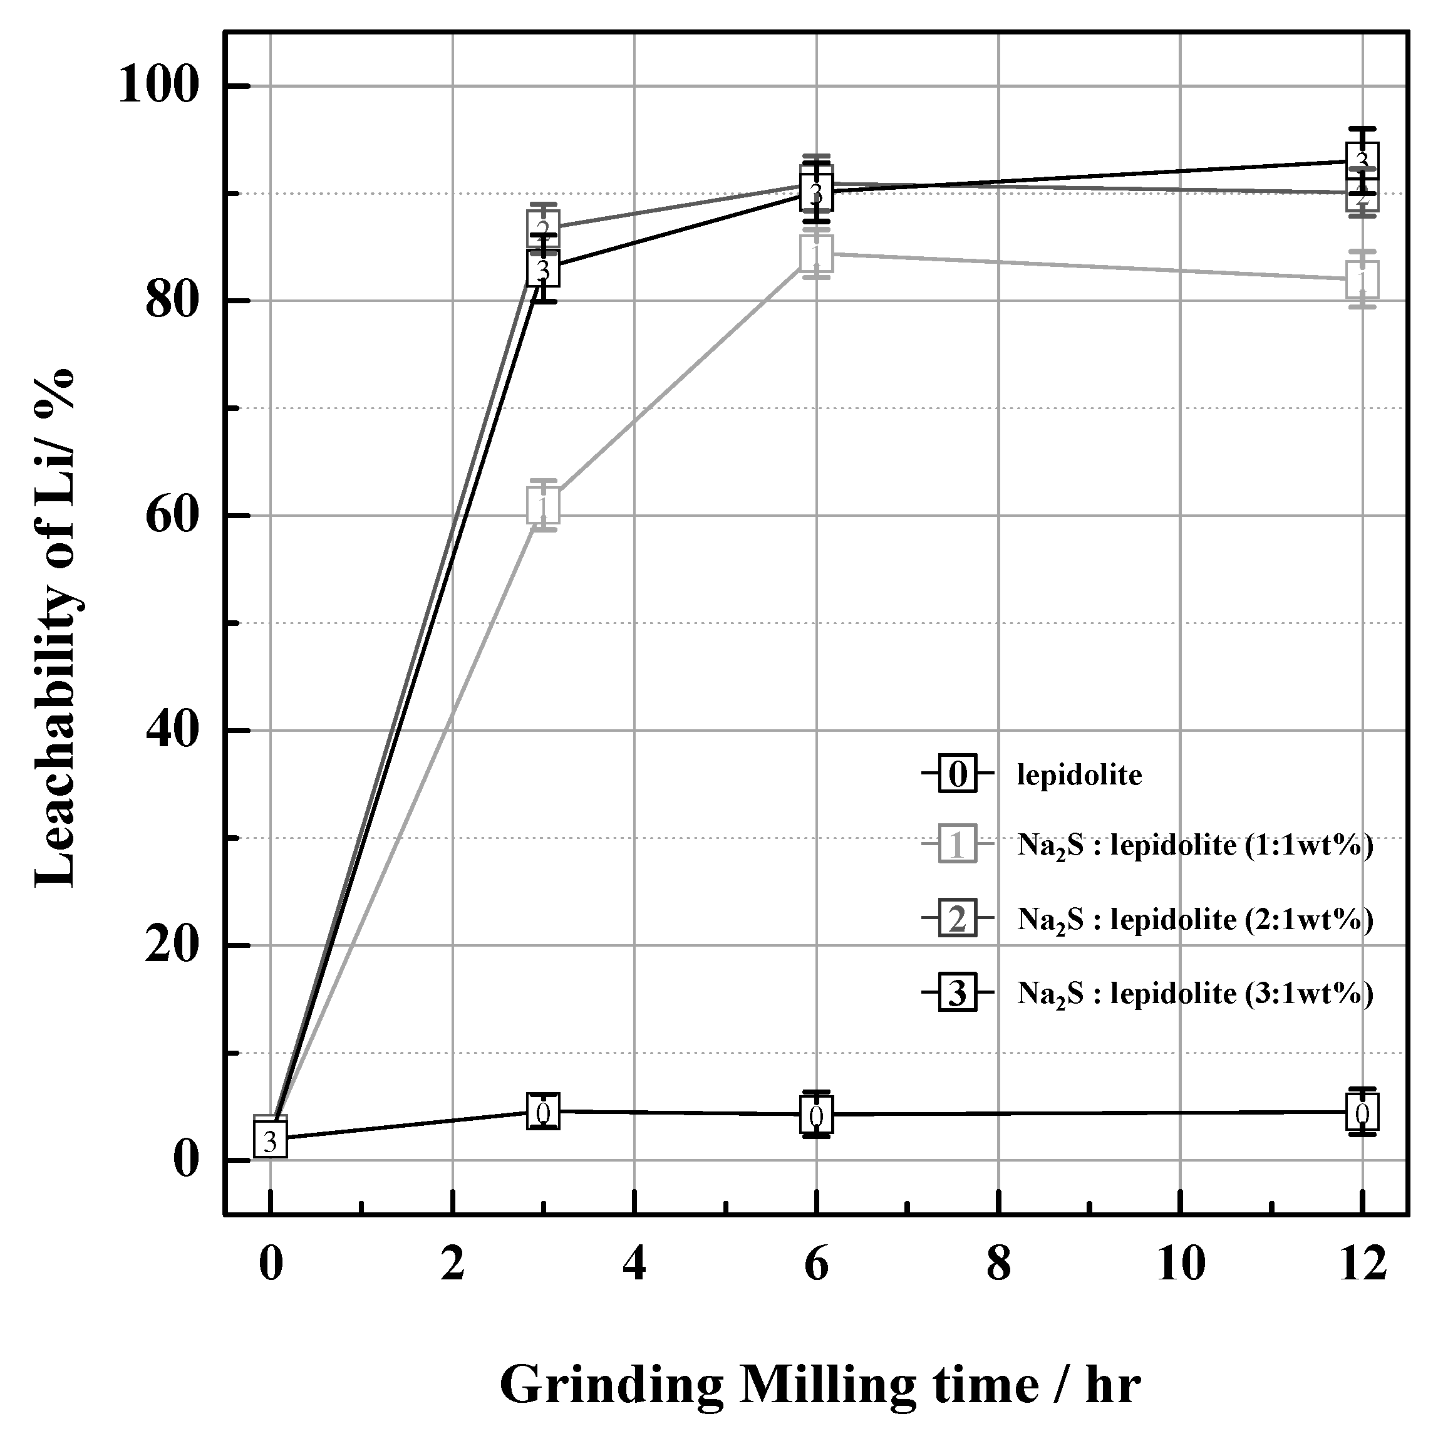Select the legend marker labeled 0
click(957, 774)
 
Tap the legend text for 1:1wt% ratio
click(1194, 846)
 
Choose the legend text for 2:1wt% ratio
click(1194, 920)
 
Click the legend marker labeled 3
click(957, 993)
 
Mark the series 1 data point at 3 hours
click(544, 506)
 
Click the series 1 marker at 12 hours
click(1362, 280)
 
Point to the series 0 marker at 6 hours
click(817, 1115)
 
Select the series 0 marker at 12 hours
click(1362, 1113)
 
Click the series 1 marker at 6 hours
click(817, 254)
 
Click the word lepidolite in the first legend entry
click(1079, 775)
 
